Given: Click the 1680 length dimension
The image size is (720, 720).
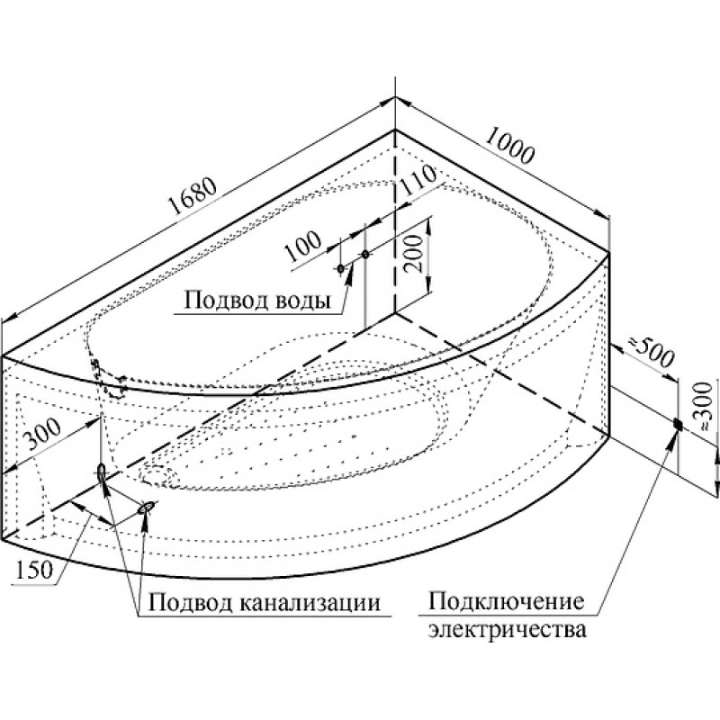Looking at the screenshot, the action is pyautogui.click(x=193, y=196).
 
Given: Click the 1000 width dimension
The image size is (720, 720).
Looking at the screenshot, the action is pyautogui.click(x=508, y=145).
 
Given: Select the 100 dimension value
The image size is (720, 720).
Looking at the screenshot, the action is pyautogui.click(x=302, y=246).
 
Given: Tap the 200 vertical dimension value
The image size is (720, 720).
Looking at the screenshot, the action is pyautogui.click(x=414, y=254).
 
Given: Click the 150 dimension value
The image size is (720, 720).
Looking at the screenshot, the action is pyautogui.click(x=34, y=571).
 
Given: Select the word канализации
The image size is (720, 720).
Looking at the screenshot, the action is pyautogui.click(x=310, y=602).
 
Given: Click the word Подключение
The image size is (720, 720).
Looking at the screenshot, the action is pyautogui.click(x=507, y=601).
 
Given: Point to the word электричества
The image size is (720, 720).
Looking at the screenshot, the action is pyautogui.click(x=508, y=629).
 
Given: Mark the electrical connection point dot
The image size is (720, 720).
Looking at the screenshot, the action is pyautogui.click(x=678, y=425).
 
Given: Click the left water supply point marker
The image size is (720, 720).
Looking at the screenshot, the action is pyautogui.click(x=341, y=269).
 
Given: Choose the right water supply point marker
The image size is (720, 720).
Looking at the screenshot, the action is pyautogui.click(x=365, y=254).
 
